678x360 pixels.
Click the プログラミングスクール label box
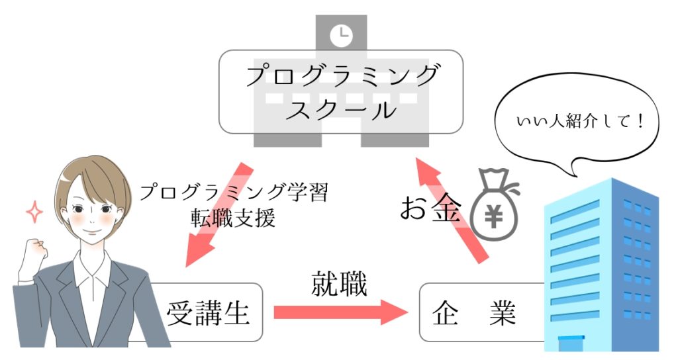point(341,91)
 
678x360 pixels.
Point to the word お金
point(429,209)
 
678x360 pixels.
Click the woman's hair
point(93,175)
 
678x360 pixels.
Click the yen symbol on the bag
point(496,216)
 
